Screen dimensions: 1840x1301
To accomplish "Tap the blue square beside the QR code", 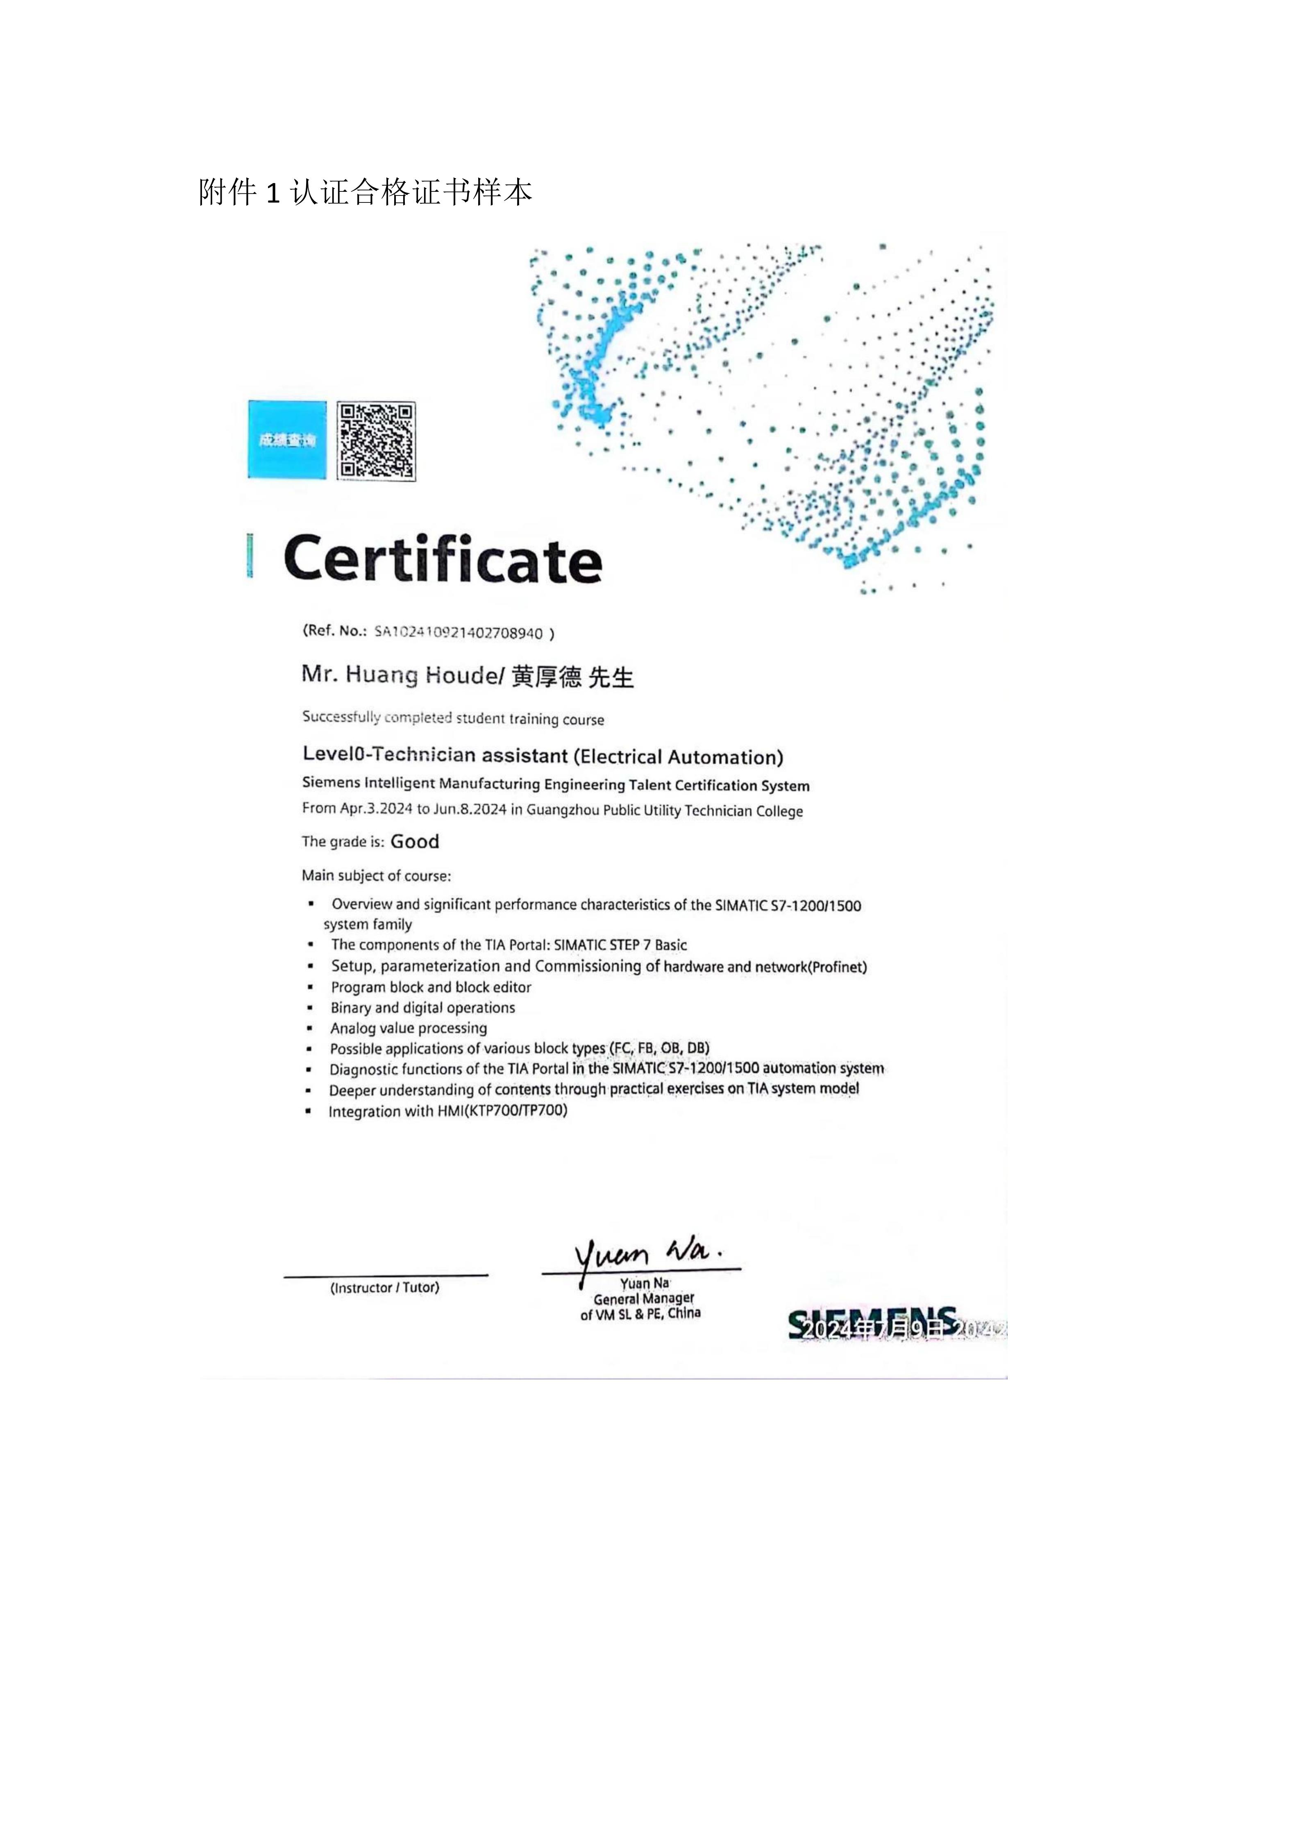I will tap(287, 440).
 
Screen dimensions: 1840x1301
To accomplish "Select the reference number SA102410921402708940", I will tap(458, 632).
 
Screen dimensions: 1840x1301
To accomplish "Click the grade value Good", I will tap(415, 841).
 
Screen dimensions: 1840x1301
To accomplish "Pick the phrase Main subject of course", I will tap(377, 876).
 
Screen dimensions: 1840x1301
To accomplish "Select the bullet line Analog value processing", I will tap(409, 1028).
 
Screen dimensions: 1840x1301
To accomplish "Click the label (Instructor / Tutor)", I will tap(384, 1288).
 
